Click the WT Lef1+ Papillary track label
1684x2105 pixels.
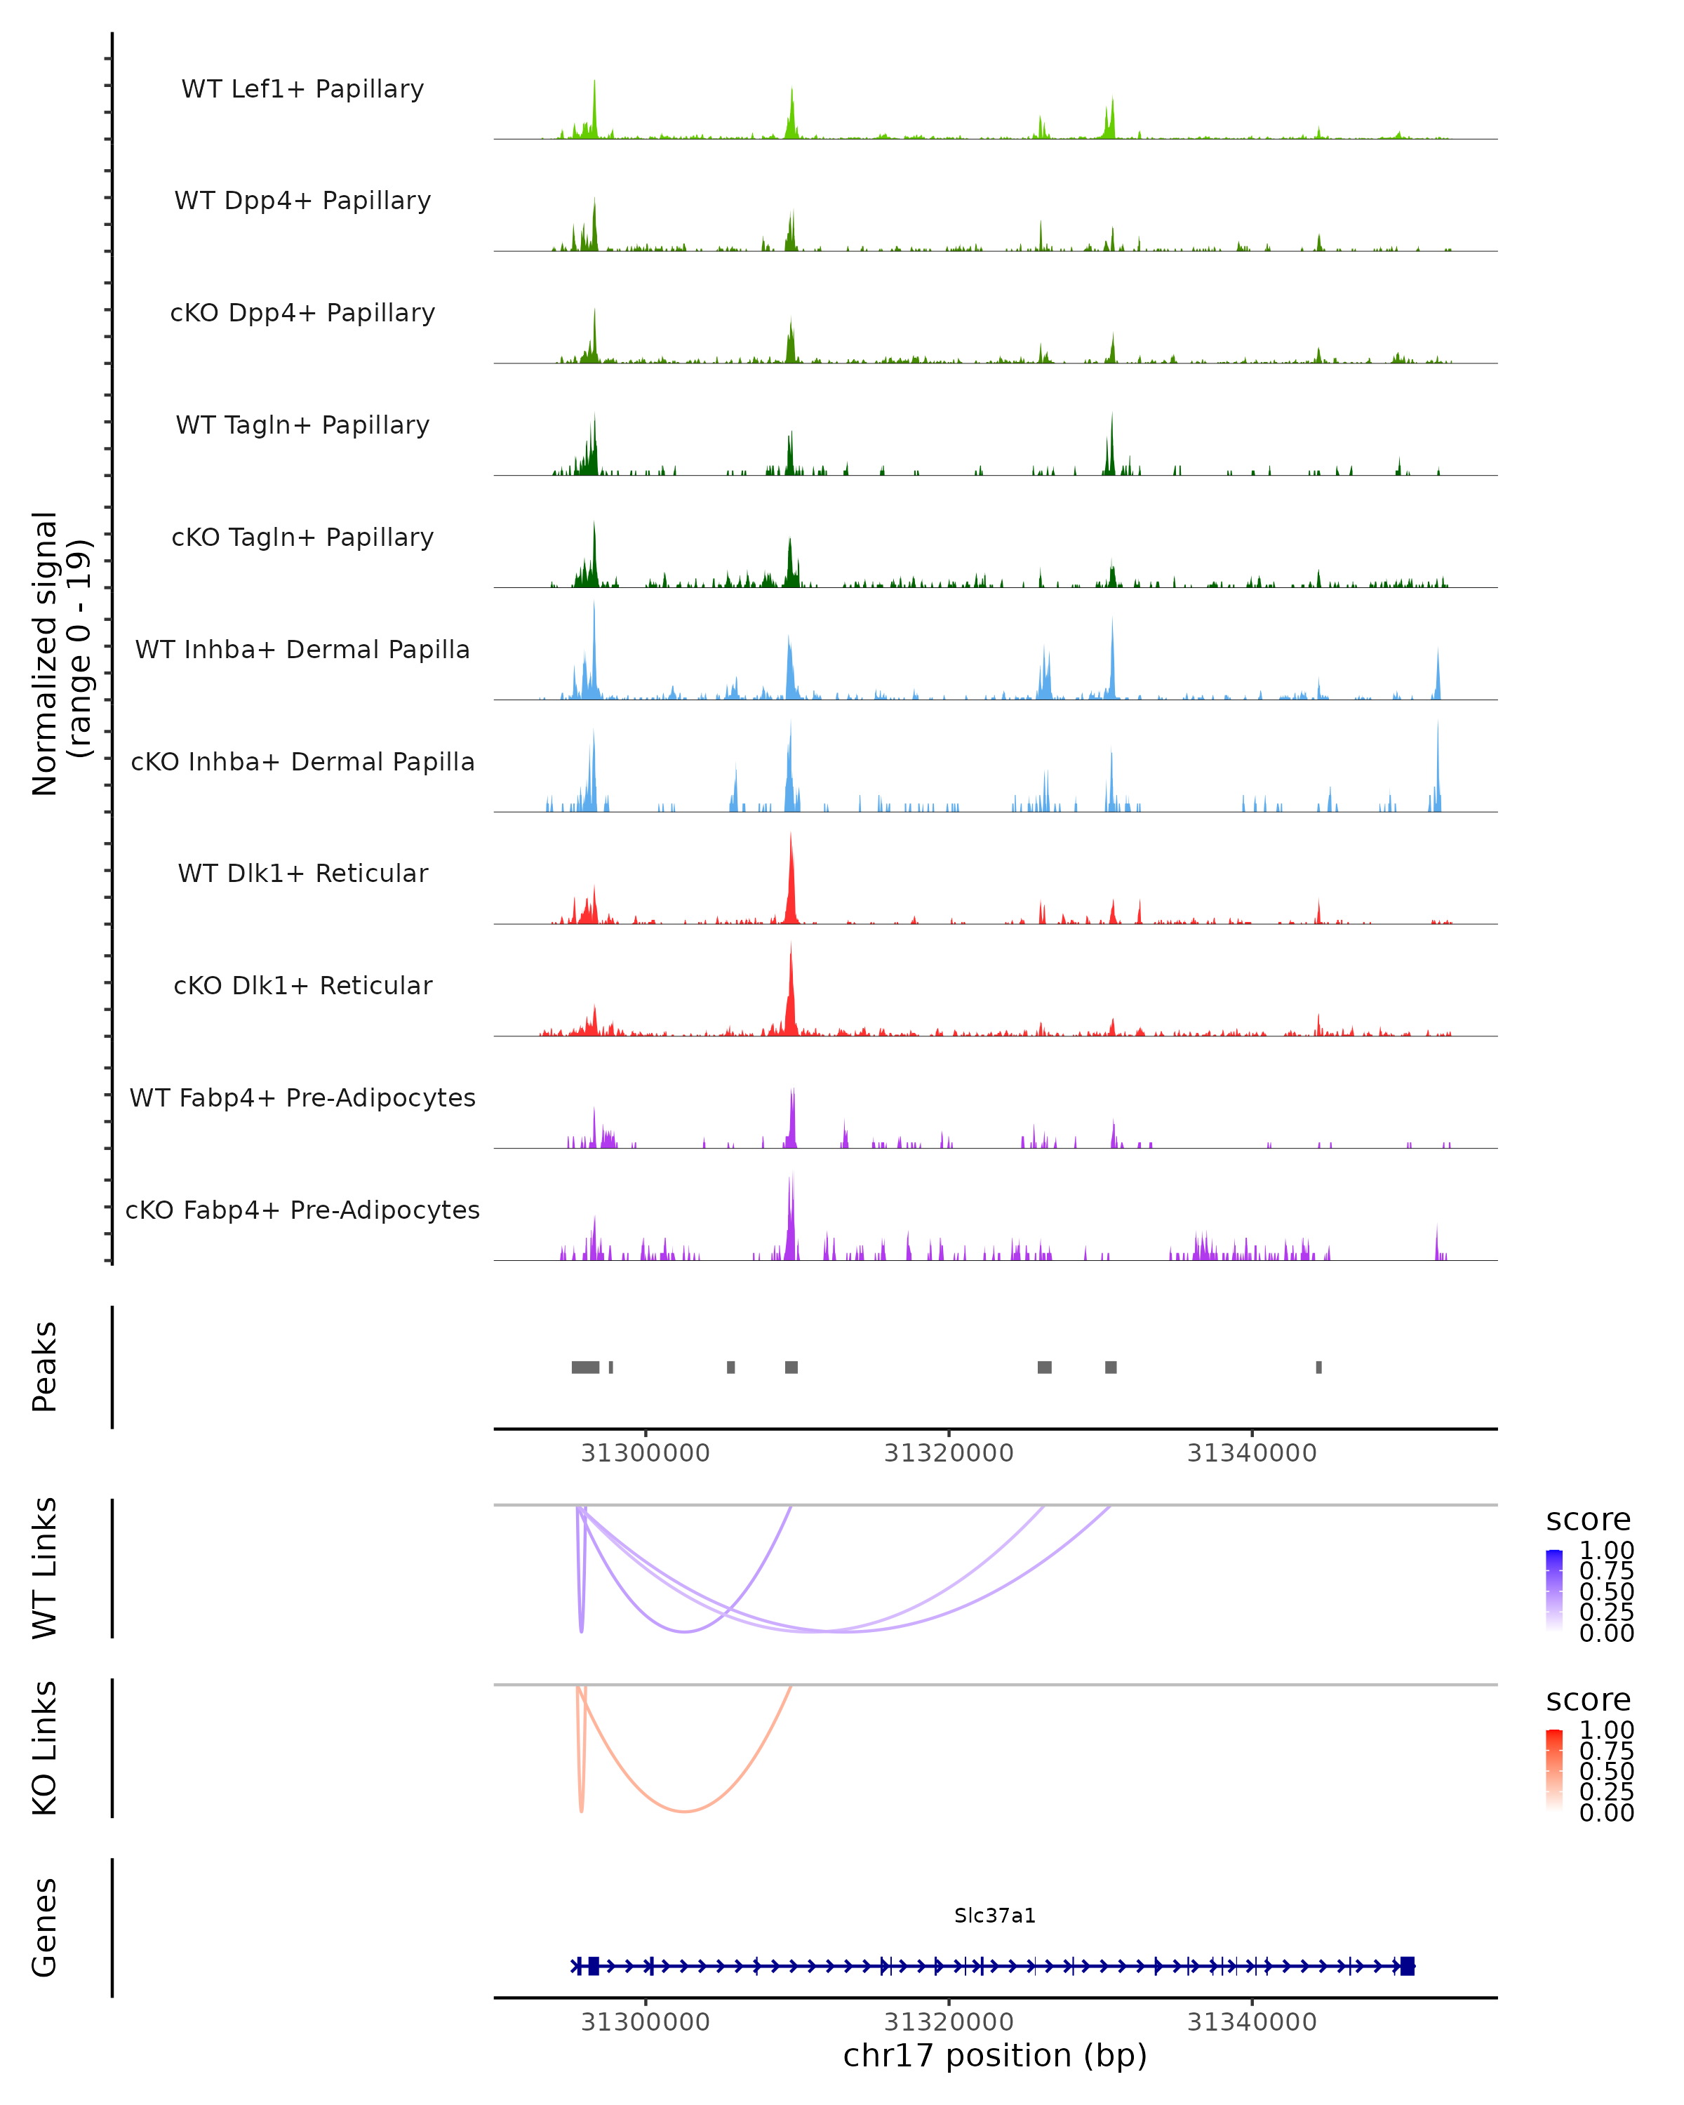pyautogui.click(x=302, y=89)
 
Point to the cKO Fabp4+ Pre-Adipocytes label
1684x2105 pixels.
pyautogui.click(x=302, y=1210)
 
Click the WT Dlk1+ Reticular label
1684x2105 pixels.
pyautogui.click(x=302, y=873)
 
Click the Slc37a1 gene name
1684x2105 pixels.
pyautogui.click(x=995, y=1916)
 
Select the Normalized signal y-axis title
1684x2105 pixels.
pyautogui.click(x=62, y=654)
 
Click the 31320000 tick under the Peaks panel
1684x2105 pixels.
pyautogui.click(x=948, y=1454)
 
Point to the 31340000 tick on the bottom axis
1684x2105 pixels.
pyautogui.click(x=1252, y=2022)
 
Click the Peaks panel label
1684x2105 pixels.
pyautogui.click(x=45, y=1367)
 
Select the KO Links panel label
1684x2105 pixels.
pyautogui.click(x=45, y=1748)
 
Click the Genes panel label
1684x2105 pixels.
pyautogui.click(x=45, y=1927)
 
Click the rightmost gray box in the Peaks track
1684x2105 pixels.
pyautogui.click(x=1319, y=1367)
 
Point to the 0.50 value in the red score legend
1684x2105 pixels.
pyautogui.click(x=1606, y=1771)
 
